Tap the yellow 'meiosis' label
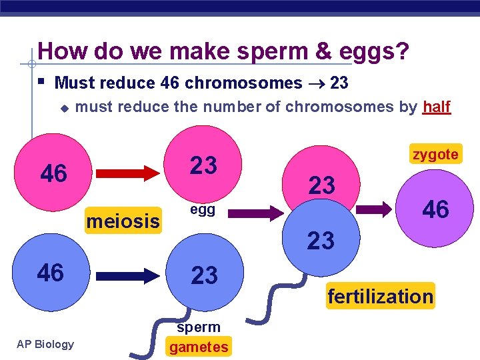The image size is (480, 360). [x=123, y=220]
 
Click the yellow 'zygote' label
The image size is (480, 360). [x=435, y=155]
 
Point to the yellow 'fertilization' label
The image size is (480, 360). [x=380, y=296]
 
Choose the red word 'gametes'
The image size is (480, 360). [x=199, y=347]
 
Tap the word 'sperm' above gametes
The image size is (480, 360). [x=199, y=327]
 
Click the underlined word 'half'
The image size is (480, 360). [x=437, y=107]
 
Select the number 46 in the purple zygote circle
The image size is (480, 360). [x=436, y=209]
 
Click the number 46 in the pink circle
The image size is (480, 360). [x=54, y=173]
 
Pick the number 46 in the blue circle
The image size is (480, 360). [x=51, y=273]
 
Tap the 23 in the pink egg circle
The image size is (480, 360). [x=204, y=165]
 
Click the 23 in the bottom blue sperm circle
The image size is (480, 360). [x=204, y=275]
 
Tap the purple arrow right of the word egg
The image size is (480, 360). [x=257, y=214]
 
